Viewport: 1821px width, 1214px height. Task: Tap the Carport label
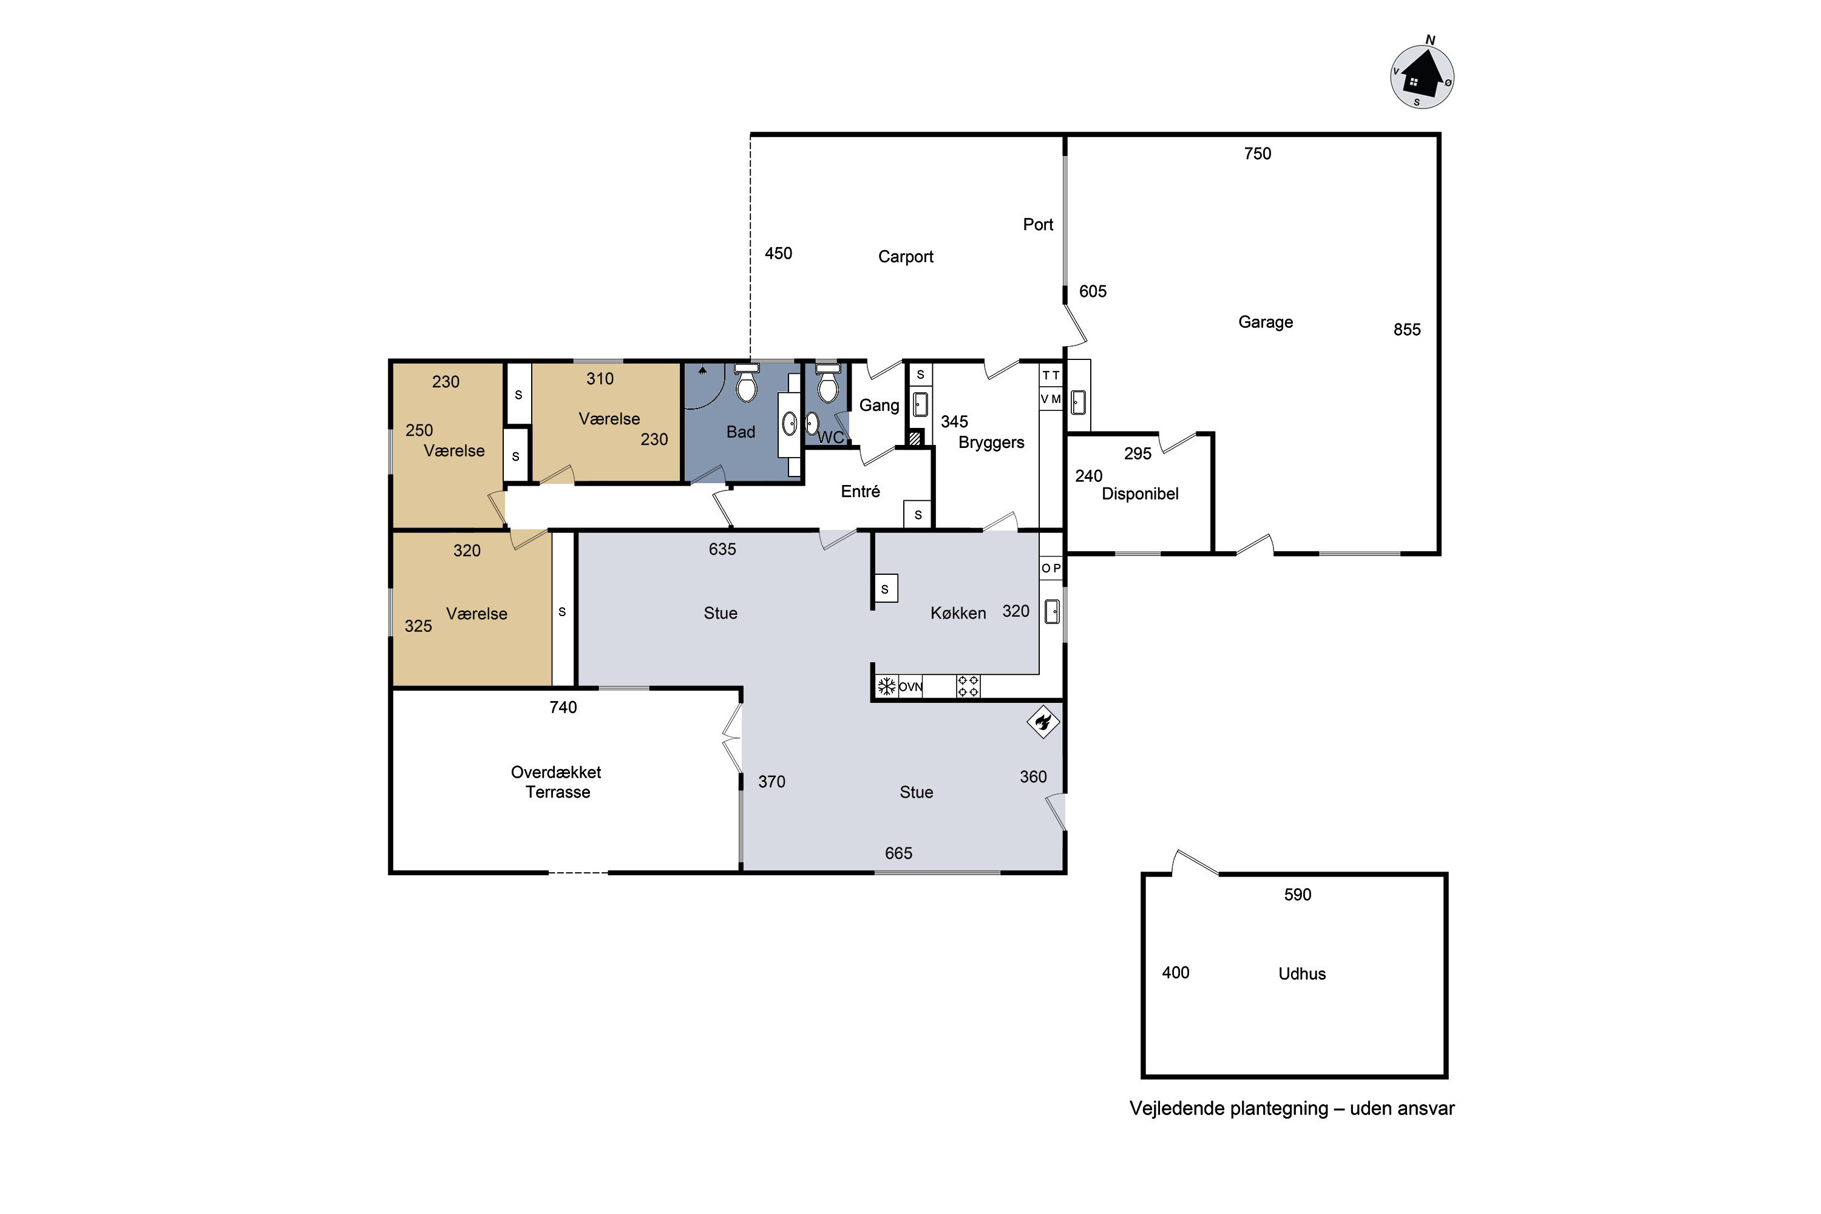point(905,256)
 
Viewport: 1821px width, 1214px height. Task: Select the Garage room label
point(1265,322)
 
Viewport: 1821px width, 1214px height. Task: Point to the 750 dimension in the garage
point(1257,154)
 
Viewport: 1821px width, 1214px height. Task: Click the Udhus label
point(1301,974)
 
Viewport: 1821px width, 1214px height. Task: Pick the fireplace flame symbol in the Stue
point(1043,722)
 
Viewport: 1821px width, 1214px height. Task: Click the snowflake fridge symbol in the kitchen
point(886,686)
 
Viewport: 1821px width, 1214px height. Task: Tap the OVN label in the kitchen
point(910,687)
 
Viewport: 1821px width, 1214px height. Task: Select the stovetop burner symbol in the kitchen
point(968,686)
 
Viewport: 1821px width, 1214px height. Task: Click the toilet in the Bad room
point(747,382)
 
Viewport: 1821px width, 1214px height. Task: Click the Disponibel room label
point(1140,494)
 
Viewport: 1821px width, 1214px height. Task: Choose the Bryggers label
point(991,443)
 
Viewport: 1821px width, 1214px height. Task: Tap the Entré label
point(860,492)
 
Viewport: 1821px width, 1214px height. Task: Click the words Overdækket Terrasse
point(557,782)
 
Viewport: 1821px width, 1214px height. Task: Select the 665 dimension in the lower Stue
point(898,853)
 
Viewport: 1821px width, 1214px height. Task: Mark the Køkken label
point(958,613)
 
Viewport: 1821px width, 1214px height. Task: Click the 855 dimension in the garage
point(1407,330)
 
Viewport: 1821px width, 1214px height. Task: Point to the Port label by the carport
point(1037,225)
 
